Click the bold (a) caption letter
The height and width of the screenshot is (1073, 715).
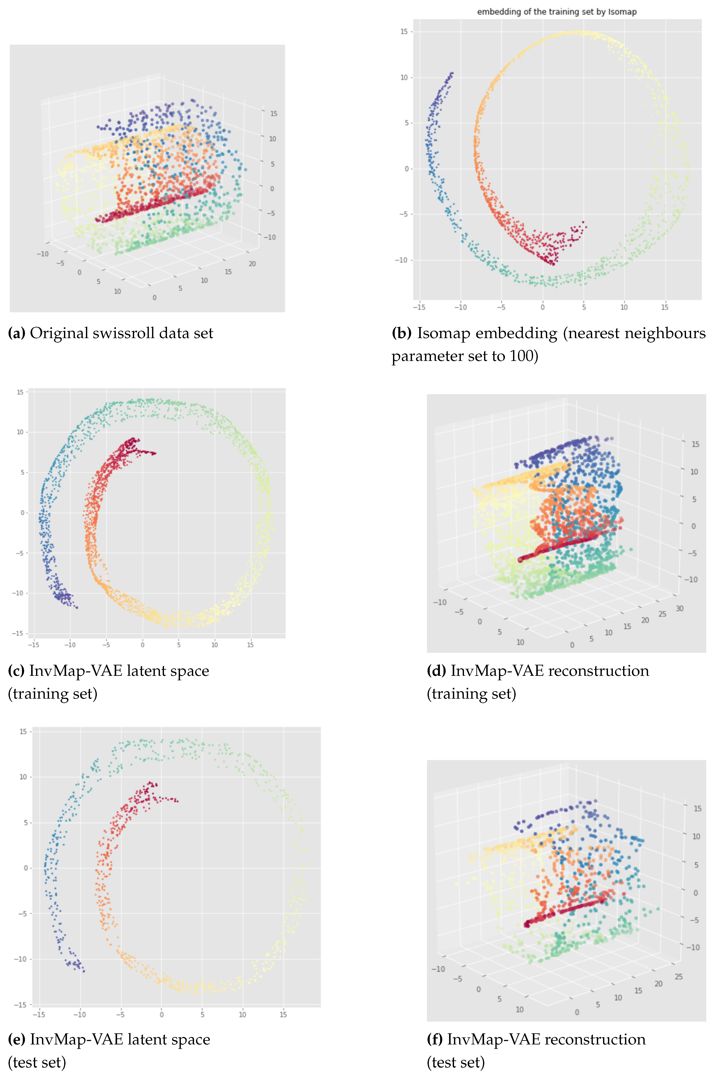point(17,333)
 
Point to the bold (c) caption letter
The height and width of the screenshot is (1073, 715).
point(17,671)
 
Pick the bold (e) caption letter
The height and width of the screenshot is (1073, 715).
point(17,1040)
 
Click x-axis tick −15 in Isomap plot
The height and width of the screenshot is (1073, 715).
point(419,307)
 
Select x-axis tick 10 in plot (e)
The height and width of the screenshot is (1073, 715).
point(243,1015)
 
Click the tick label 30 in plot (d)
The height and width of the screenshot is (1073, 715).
point(679,608)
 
